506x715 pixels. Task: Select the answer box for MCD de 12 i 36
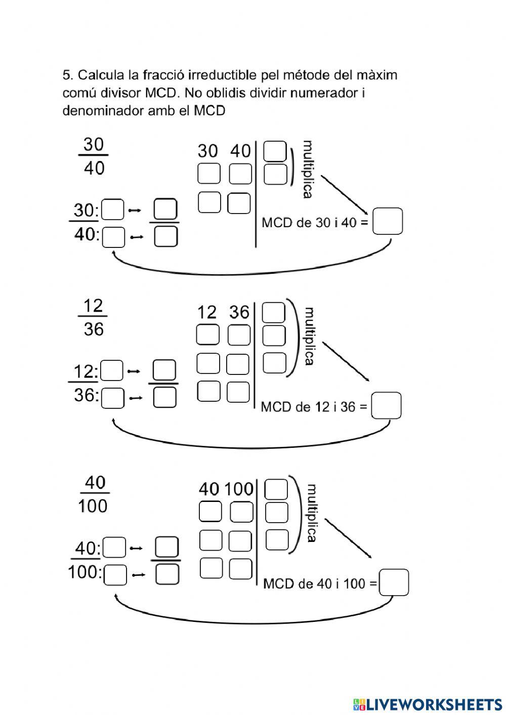tap(386, 405)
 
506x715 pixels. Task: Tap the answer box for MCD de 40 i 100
tap(394, 583)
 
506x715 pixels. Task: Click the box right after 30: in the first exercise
tap(113, 210)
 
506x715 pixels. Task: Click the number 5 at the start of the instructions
tap(67, 75)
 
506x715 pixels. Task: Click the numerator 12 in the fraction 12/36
tap(93, 306)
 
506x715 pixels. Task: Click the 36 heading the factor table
tap(239, 312)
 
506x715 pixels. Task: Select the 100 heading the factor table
tap(239, 489)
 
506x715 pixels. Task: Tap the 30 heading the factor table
tap(207, 151)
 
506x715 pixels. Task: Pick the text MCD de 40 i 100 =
tap(320, 583)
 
